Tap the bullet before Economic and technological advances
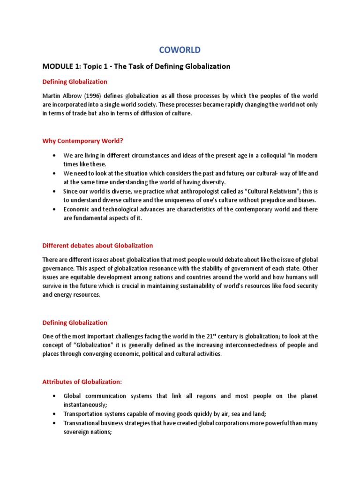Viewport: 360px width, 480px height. point(55,210)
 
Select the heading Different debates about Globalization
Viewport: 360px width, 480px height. point(97,245)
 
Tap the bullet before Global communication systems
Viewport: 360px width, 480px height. point(55,396)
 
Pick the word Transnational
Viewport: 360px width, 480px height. point(82,423)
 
